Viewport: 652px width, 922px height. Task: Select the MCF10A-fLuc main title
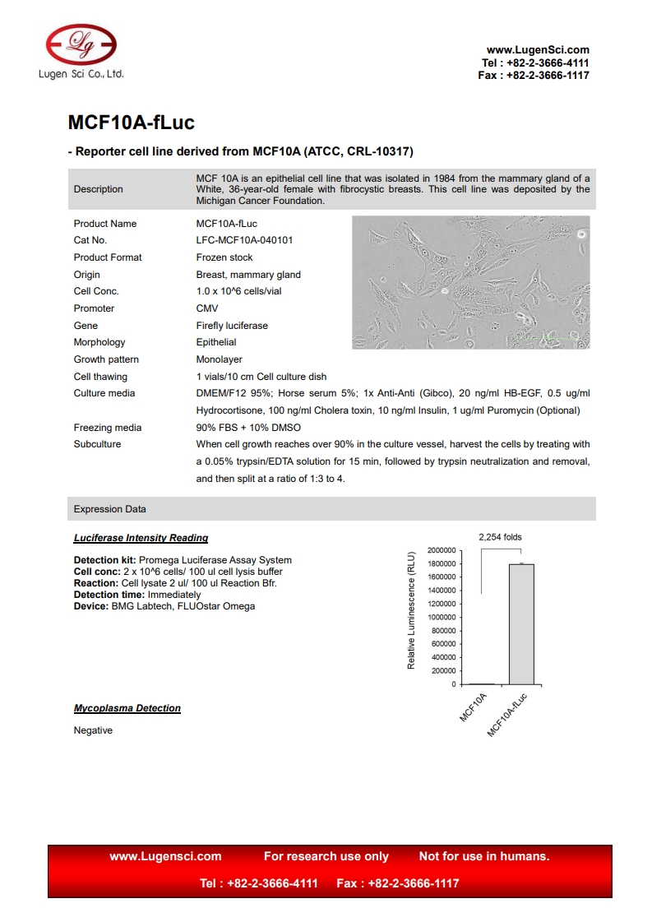(x=131, y=123)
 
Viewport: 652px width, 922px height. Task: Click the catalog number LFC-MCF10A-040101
(x=244, y=240)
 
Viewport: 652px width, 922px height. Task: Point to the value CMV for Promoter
(x=206, y=308)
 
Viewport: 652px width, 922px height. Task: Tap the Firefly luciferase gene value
(x=232, y=326)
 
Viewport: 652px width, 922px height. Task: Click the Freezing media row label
(x=108, y=428)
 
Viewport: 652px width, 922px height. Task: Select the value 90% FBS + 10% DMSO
(x=248, y=428)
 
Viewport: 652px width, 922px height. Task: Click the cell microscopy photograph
(x=470, y=282)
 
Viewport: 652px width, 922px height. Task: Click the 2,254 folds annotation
(x=500, y=537)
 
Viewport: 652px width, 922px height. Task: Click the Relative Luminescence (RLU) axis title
(x=411, y=610)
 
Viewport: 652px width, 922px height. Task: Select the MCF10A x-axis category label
(x=474, y=707)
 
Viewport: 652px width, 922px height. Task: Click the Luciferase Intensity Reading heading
(x=141, y=538)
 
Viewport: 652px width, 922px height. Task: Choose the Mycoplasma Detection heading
(x=127, y=708)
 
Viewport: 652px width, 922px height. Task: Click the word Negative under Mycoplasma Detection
(x=93, y=730)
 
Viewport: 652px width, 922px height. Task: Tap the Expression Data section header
(x=110, y=509)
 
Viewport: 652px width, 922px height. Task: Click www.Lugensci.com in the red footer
(x=165, y=856)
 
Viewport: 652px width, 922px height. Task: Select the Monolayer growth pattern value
(x=219, y=359)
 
